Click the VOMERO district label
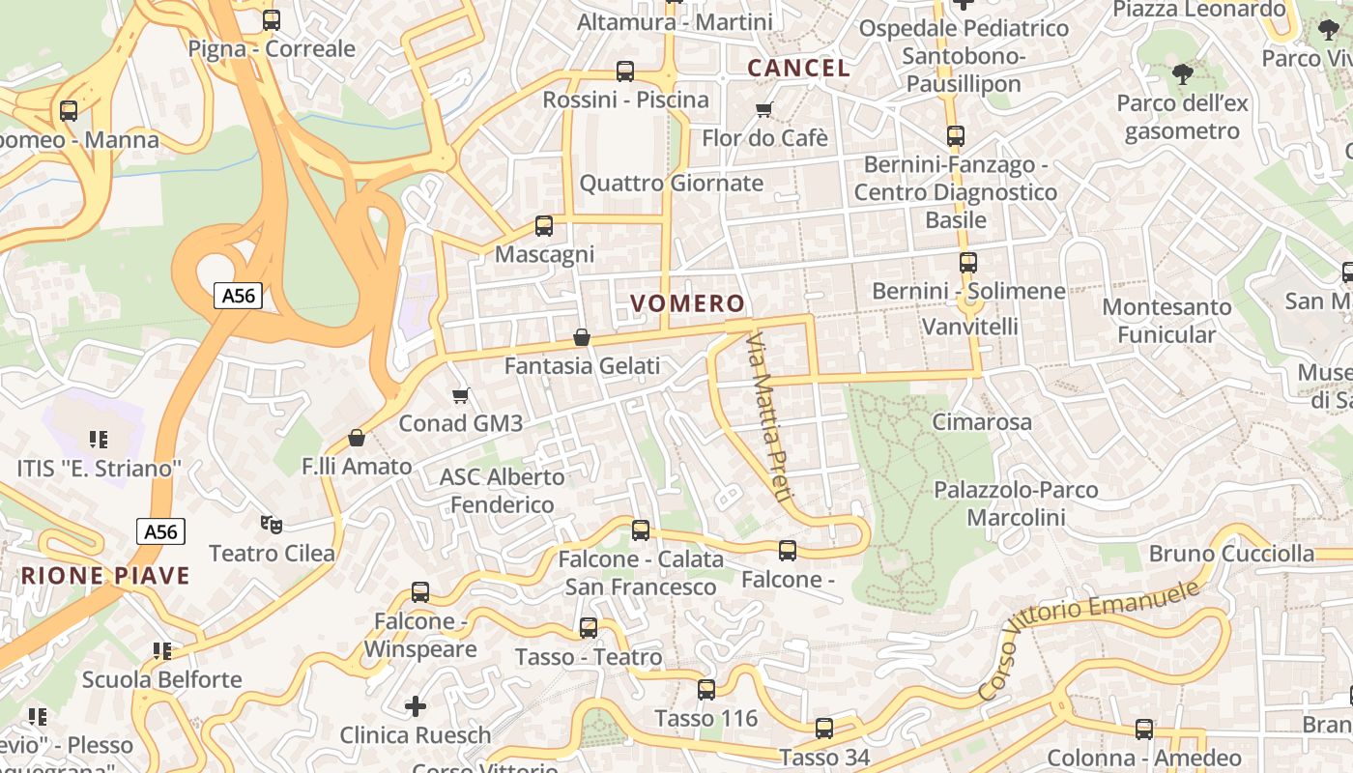click(687, 303)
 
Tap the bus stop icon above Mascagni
click(544, 226)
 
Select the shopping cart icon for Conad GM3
click(461, 395)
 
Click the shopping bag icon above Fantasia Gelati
click(582, 337)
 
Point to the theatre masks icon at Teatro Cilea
click(272, 525)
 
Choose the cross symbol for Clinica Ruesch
click(416, 706)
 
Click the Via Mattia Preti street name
click(769, 417)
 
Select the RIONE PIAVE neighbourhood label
click(105, 576)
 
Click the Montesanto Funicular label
click(1166, 321)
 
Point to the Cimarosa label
click(981, 422)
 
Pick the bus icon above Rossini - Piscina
click(625, 71)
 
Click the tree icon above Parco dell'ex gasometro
click(1181, 73)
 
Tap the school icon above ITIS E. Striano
click(98, 440)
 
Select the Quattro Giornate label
click(671, 184)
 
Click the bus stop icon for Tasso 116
click(706, 690)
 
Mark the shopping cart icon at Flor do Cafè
click(764, 109)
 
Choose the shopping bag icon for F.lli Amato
click(357, 438)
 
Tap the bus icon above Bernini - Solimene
click(968, 262)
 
